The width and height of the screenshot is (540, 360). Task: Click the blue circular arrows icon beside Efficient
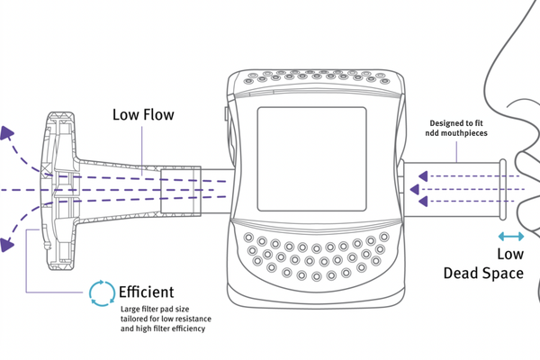pos(102,292)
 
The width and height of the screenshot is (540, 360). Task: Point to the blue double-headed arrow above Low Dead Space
pos(510,236)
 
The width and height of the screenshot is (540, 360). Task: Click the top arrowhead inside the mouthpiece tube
pos(419,174)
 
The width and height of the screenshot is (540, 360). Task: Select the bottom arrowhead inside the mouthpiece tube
pos(419,203)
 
